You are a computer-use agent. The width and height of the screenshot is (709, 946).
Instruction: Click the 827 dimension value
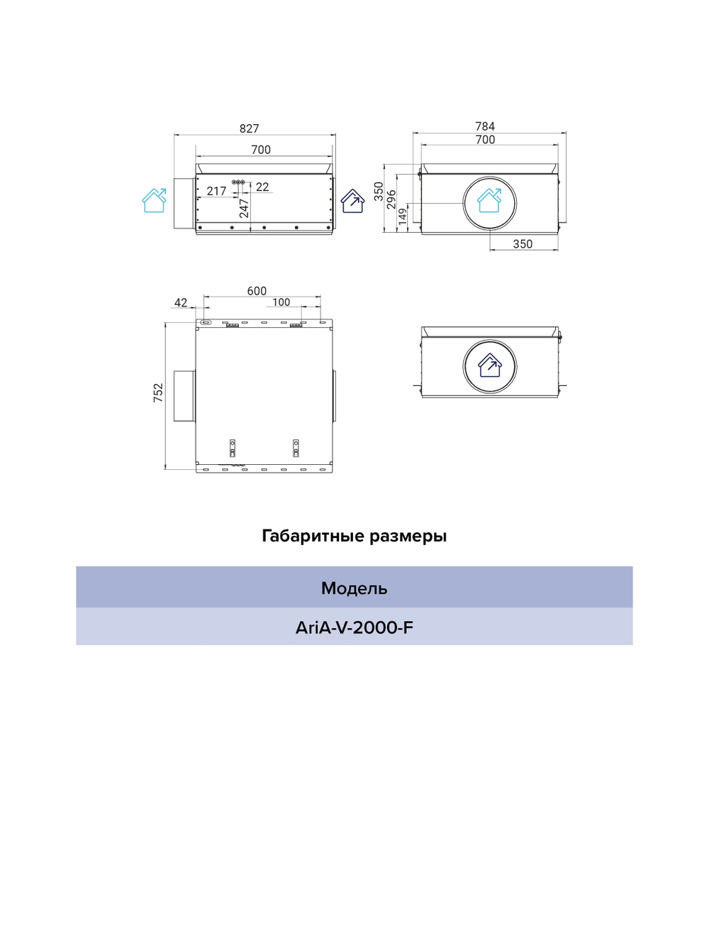click(250, 128)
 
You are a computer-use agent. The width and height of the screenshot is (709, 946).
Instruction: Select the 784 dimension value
click(485, 126)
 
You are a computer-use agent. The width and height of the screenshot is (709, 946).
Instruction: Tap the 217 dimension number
click(216, 191)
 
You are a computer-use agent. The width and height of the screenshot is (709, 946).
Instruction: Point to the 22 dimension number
click(262, 187)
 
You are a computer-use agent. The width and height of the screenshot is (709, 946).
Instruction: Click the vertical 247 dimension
click(244, 208)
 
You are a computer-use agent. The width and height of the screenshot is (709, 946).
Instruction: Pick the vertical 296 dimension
click(391, 199)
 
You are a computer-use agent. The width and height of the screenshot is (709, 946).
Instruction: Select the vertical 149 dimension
click(403, 216)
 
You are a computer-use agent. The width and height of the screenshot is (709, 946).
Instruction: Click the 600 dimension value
click(257, 291)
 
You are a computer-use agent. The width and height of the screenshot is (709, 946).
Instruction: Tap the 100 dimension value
click(281, 302)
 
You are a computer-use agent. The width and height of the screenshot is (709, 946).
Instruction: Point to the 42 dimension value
click(181, 302)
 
